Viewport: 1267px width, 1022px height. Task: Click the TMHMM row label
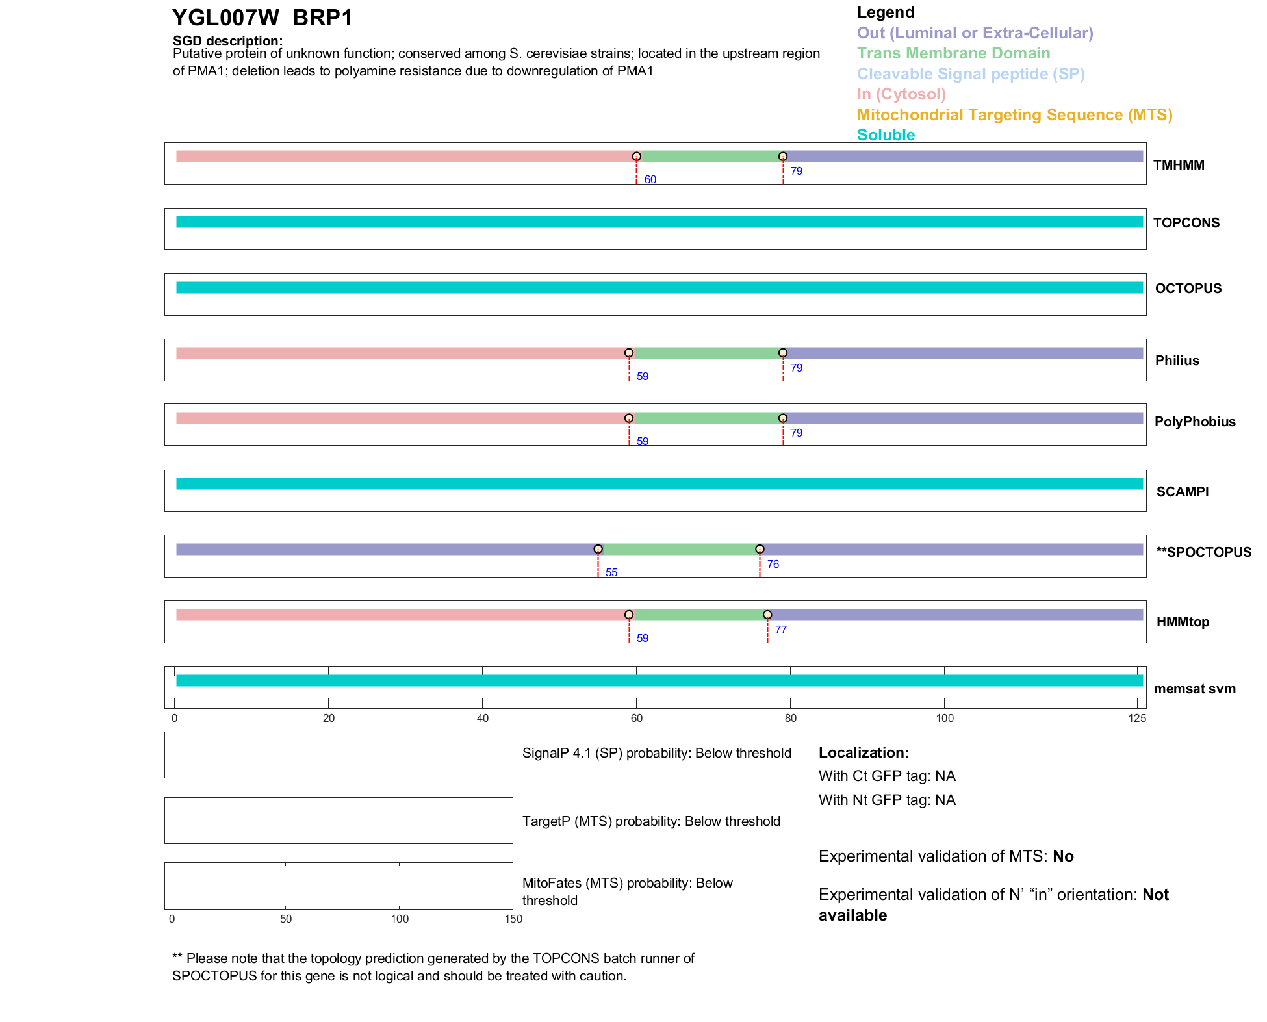click(1178, 165)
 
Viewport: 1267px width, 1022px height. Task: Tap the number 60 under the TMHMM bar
click(650, 179)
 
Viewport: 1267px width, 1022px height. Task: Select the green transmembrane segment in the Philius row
click(706, 353)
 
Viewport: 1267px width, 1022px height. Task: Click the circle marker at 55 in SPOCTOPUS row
click(598, 549)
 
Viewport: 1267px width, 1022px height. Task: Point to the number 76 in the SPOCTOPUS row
click(773, 564)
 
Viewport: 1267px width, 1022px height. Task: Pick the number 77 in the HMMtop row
click(780, 630)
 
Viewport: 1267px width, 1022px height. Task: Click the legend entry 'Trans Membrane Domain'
click(953, 53)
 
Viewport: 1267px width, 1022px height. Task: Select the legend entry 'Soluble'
click(886, 135)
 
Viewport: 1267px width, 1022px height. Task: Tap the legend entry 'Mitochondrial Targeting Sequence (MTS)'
click(1014, 115)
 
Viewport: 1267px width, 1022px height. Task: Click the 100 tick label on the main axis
click(944, 718)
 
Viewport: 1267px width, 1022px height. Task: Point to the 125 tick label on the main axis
click(1137, 718)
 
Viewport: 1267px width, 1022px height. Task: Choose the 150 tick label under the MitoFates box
click(513, 919)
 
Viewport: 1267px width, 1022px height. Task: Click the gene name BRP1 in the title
click(322, 18)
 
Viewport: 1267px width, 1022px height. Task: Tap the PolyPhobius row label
click(1194, 422)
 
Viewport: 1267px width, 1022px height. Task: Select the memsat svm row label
click(1194, 689)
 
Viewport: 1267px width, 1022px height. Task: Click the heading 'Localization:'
click(863, 752)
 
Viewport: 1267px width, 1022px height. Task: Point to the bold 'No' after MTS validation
click(1063, 856)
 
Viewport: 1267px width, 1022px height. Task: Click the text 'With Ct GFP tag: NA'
click(886, 776)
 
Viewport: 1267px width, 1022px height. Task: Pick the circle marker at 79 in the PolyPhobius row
click(783, 418)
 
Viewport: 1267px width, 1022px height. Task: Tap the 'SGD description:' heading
click(227, 41)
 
